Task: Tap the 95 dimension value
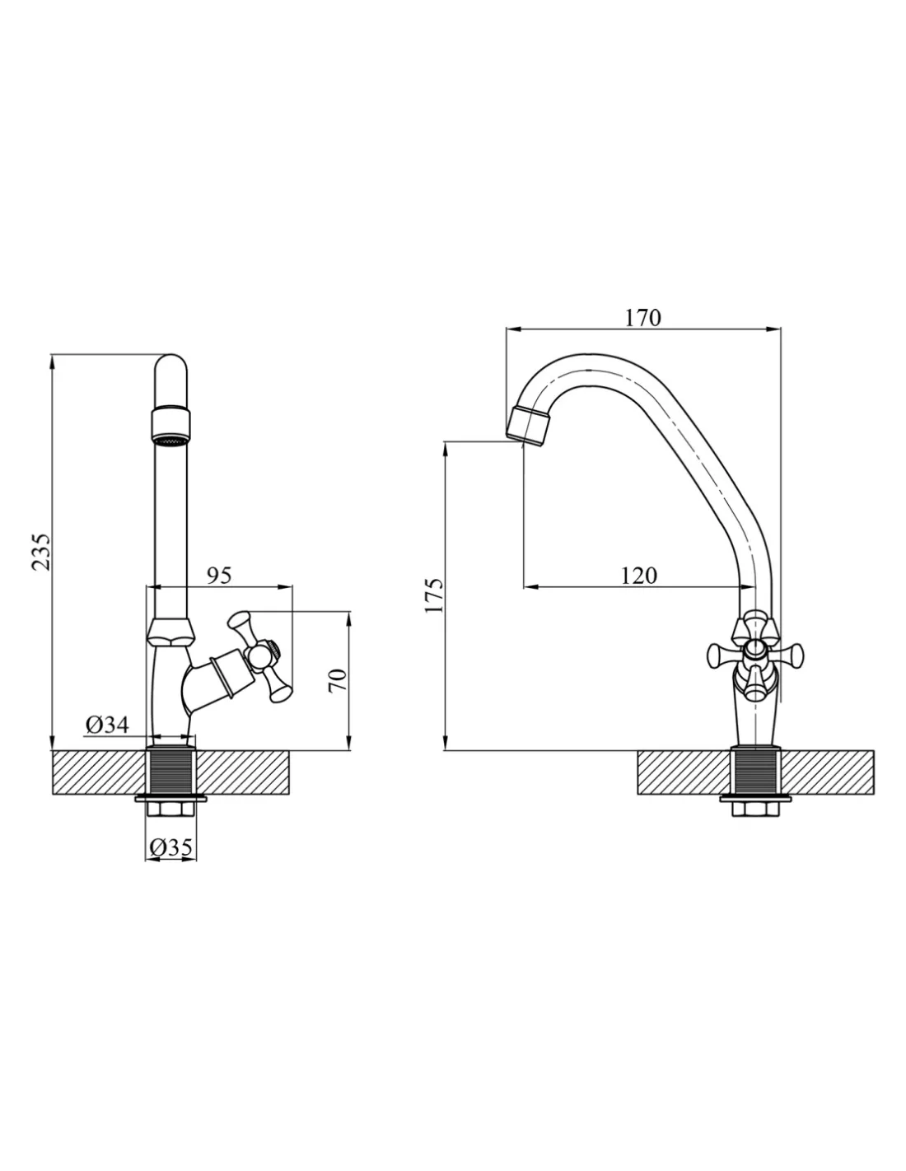point(219,576)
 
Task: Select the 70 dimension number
point(337,681)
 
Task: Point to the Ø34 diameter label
point(107,725)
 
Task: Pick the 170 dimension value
point(642,318)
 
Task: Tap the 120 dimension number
point(639,576)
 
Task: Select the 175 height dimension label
point(434,595)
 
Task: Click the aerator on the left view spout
point(170,427)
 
